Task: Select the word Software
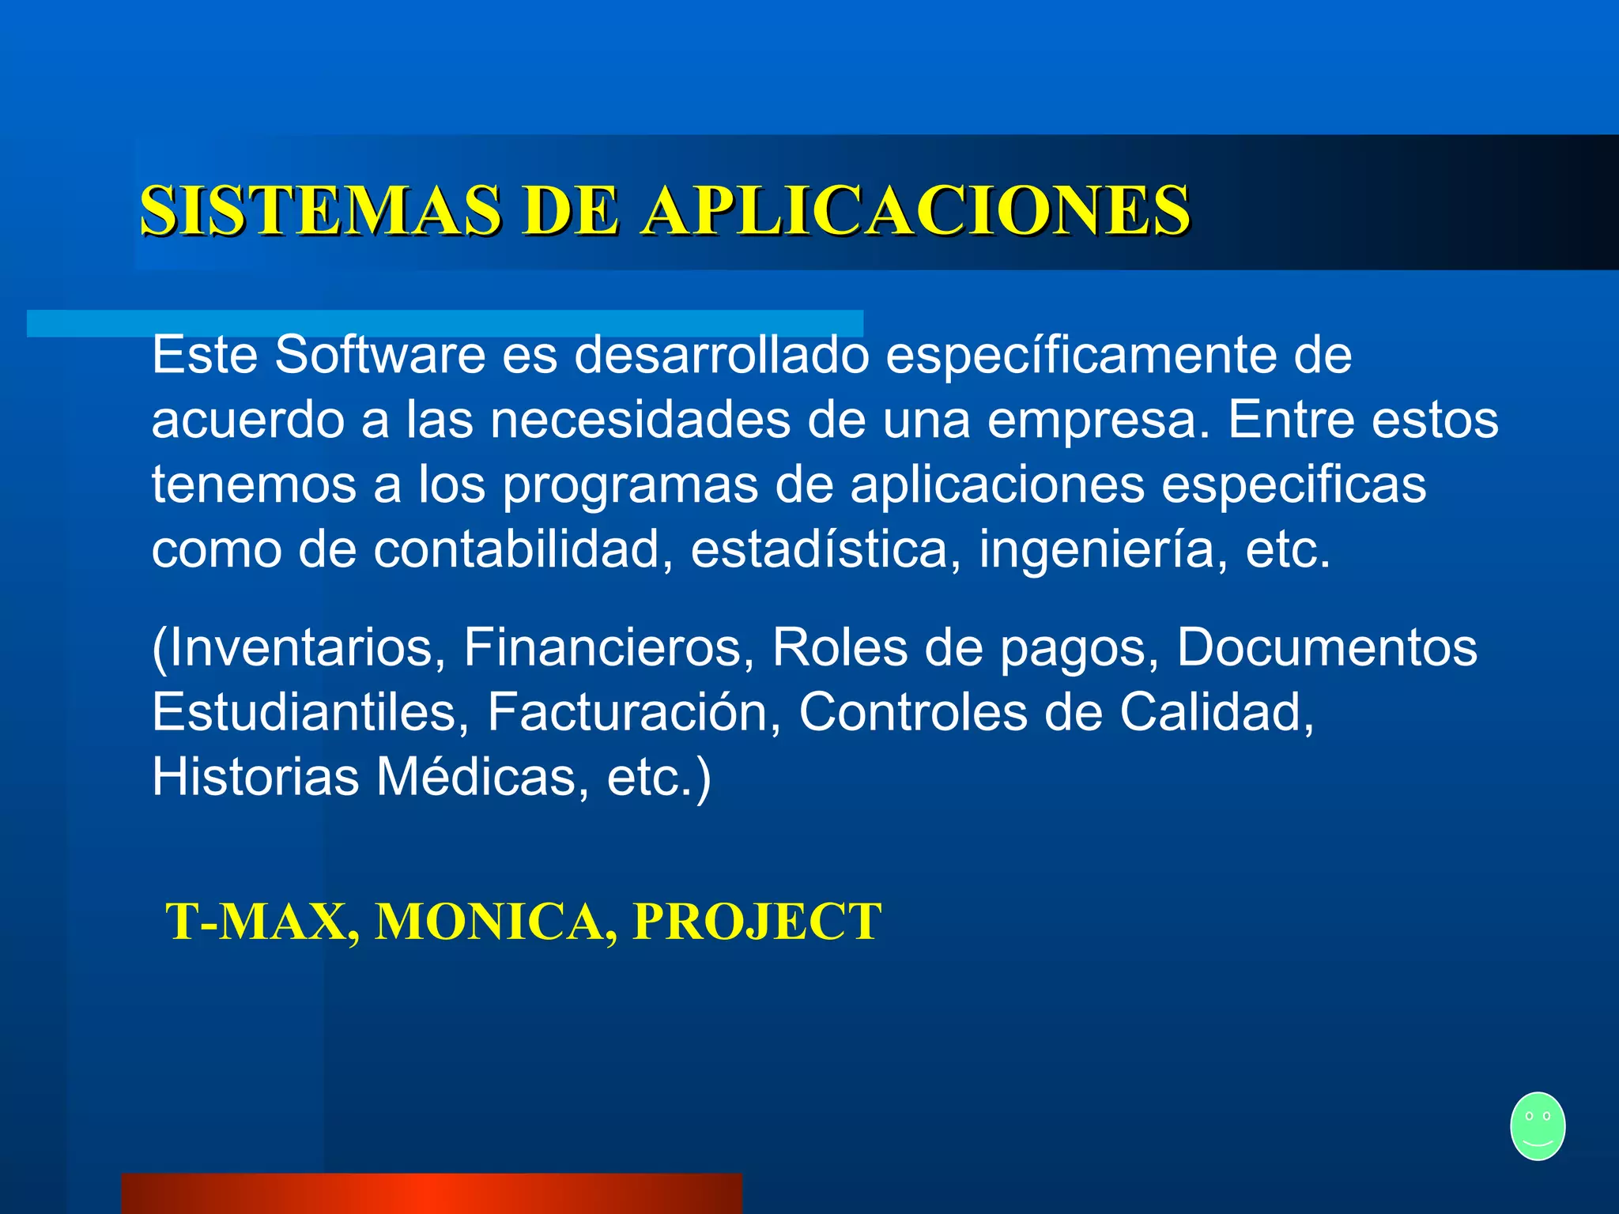[379, 356]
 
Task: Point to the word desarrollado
[721, 356]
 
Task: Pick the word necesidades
[640, 420]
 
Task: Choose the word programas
[630, 485]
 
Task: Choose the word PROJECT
[757, 922]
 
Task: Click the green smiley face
[1537, 1125]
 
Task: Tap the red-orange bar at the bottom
[432, 1193]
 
